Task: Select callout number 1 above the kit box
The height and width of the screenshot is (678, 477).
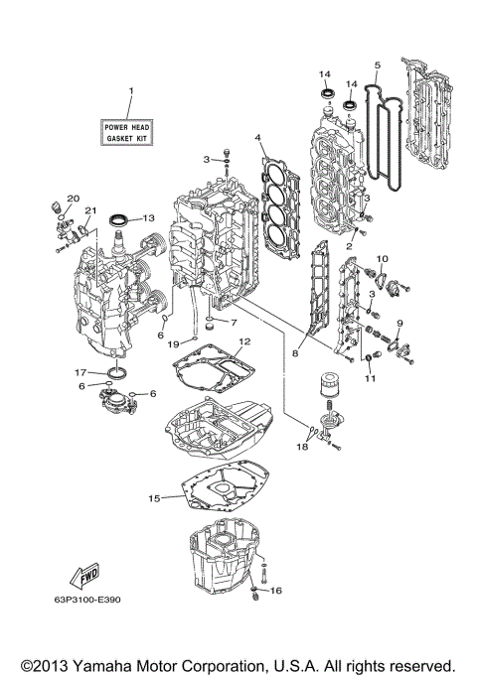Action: pos(129,92)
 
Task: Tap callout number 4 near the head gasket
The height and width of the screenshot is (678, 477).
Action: pos(257,137)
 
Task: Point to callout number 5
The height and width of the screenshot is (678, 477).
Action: pos(378,66)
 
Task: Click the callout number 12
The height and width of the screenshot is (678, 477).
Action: pos(243,341)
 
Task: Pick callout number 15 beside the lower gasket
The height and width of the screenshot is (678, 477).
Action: pos(154,497)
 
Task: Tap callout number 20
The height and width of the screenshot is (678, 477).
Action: pos(73,198)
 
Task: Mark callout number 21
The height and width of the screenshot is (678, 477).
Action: pos(89,211)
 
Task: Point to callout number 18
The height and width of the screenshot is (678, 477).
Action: pos(304,448)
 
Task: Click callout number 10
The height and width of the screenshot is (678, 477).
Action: pos(380,259)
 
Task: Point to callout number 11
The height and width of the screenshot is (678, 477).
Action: pos(370,378)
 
